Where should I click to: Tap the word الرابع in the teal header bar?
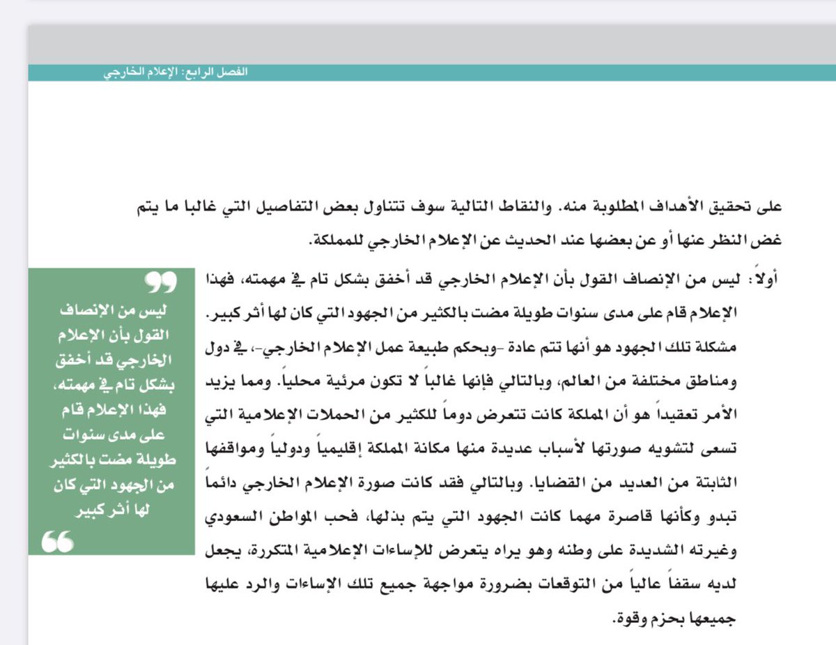(203, 73)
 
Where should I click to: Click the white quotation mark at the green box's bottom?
(58, 540)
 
